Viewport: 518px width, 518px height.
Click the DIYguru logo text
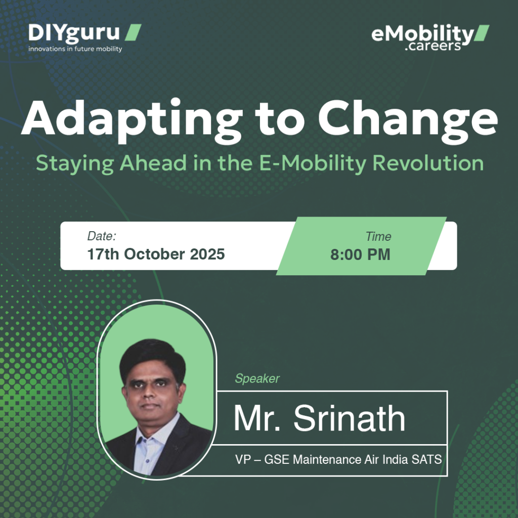(74, 33)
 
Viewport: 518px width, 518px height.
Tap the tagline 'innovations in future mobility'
(75, 49)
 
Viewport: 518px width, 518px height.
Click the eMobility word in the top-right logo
(422, 34)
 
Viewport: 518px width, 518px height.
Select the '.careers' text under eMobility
(433, 46)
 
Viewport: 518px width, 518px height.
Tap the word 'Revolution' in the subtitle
(428, 163)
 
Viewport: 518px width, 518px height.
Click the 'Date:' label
(102, 236)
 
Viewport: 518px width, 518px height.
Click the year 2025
(207, 254)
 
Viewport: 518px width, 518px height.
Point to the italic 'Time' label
(378, 237)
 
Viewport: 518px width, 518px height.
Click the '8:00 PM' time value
(360, 255)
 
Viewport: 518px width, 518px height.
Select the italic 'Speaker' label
(257, 378)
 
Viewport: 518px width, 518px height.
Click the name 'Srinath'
(349, 418)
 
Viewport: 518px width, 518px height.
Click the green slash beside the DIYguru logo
(133, 32)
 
